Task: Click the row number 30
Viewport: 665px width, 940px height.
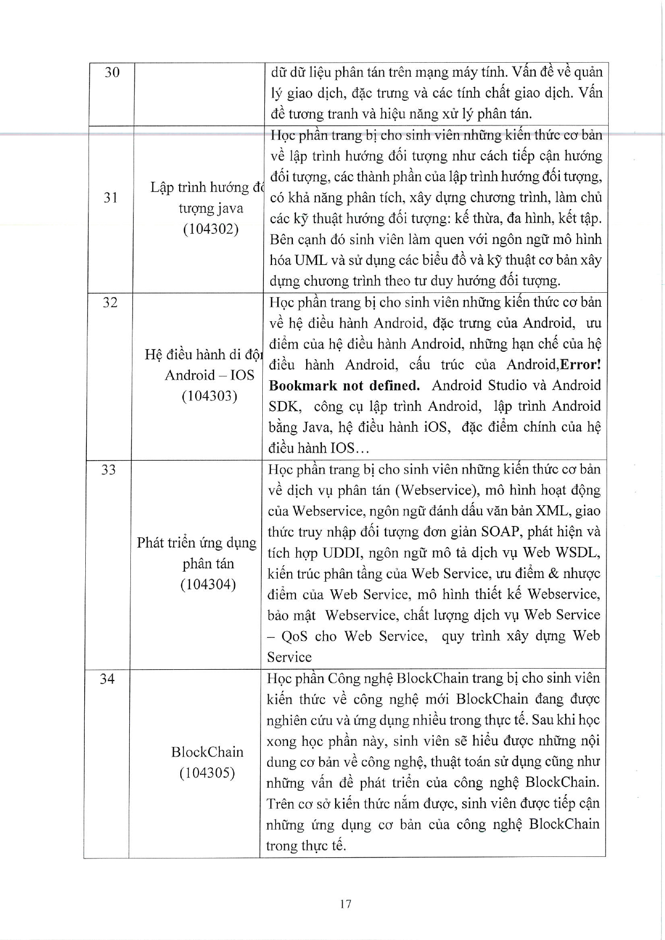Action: click(x=112, y=72)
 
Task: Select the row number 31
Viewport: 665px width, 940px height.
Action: click(x=110, y=198)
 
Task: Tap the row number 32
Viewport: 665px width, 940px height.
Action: click(x=110, y=302)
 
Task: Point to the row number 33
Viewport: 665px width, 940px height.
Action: click(x=108, y=470)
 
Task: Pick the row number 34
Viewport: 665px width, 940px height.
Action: click(x=107, y=679)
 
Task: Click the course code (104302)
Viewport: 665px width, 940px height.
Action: click(x=210, y=230)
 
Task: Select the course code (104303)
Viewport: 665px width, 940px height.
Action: click(x=209, y=396)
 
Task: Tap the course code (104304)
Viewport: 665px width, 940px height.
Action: click(x=208, y=584)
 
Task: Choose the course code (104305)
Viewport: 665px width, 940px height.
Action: click(x=207, y=773)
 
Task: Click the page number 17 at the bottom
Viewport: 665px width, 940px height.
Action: click(x=345, y=904)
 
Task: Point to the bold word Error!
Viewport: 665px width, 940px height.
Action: click(x=580, y=365)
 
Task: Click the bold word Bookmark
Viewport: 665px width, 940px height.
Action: click(x=303, y=386)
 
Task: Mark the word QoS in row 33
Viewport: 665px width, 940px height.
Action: click(x=295, y=636)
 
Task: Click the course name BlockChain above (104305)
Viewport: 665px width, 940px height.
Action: click(x=207, y=752)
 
